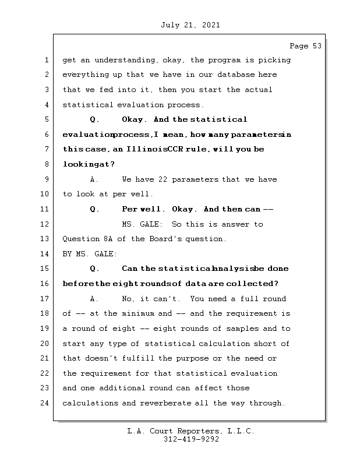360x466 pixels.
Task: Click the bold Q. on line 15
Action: click(x=95, y=269)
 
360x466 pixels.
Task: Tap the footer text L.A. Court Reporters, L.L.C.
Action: click(x=191, y=431)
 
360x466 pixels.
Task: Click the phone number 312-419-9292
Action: click(x=191, y=440)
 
